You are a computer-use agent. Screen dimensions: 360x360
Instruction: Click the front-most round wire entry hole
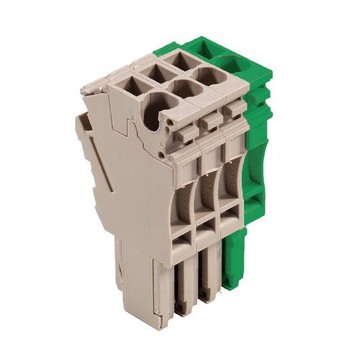[157, 109]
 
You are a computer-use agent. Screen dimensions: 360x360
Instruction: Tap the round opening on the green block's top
[236, 65]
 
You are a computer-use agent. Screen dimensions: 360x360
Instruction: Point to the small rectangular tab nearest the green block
[233, 109]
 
